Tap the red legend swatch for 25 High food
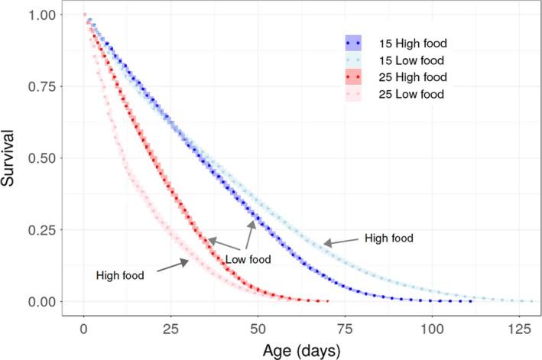coord(352,77)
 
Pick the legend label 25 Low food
coord(404,93)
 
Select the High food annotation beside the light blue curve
coord(389,238)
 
